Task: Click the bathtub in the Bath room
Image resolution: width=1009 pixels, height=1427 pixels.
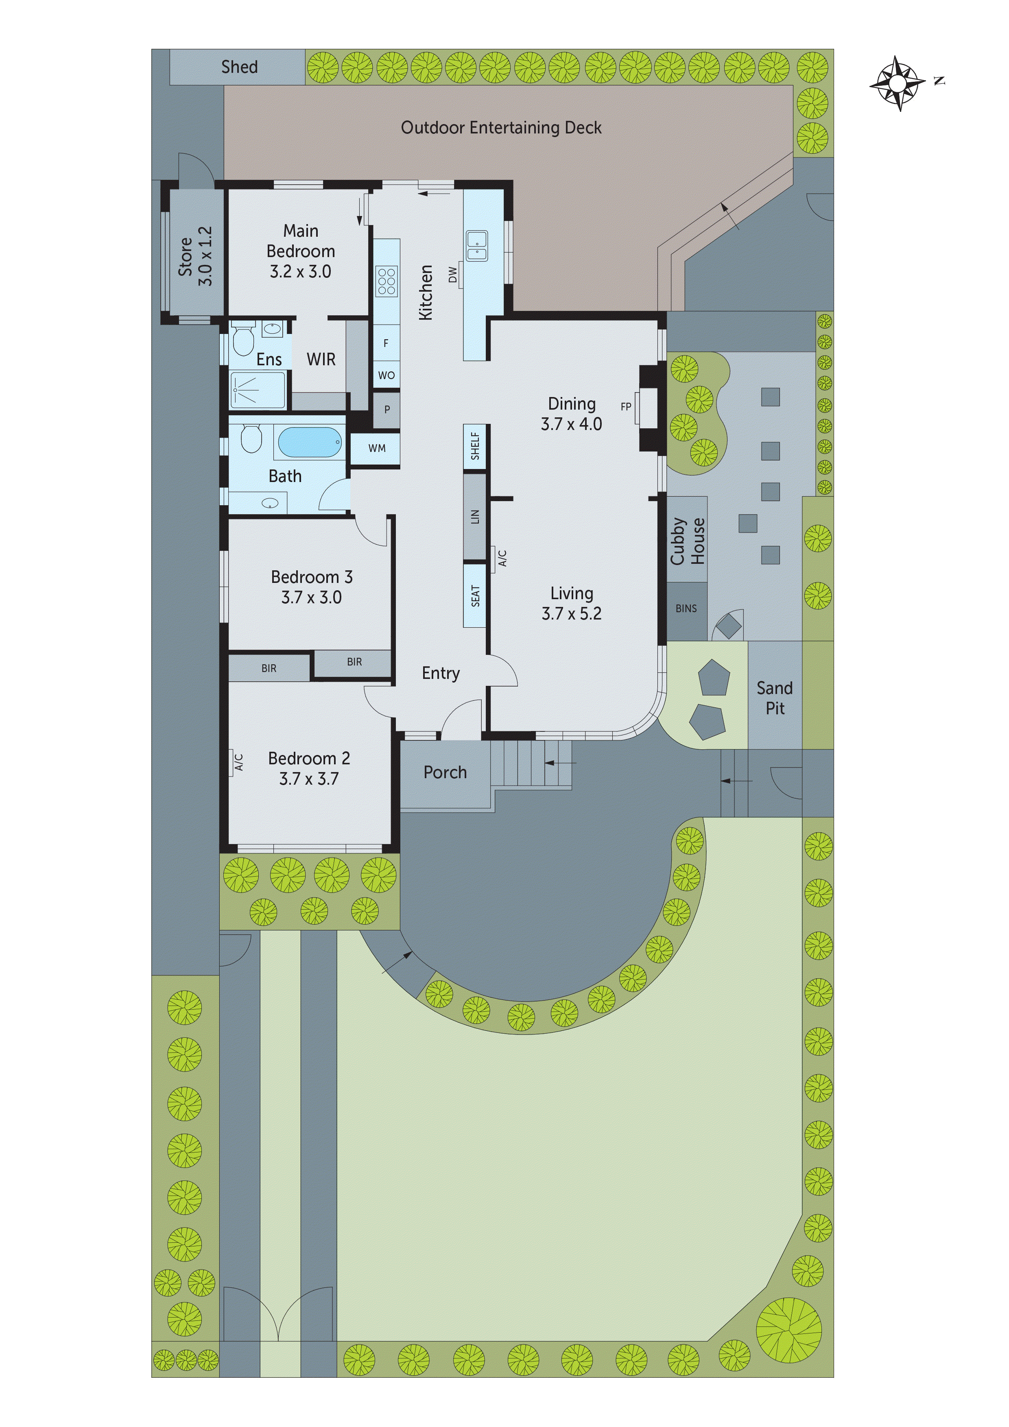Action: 310,443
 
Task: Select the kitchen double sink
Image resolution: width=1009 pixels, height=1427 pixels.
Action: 477,246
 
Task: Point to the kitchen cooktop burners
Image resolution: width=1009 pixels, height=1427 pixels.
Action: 386,281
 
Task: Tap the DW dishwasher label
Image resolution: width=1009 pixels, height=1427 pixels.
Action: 452,274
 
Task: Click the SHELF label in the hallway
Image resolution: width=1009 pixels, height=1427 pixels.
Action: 475,446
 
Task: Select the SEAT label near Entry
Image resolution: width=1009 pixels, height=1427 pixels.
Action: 475,596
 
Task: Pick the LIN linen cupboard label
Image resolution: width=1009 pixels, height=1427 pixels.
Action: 475,517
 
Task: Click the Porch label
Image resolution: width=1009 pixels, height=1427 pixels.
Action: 445,772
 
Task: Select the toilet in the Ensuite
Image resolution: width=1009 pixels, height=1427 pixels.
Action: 243,341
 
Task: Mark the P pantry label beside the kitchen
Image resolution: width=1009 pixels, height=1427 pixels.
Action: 387,410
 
